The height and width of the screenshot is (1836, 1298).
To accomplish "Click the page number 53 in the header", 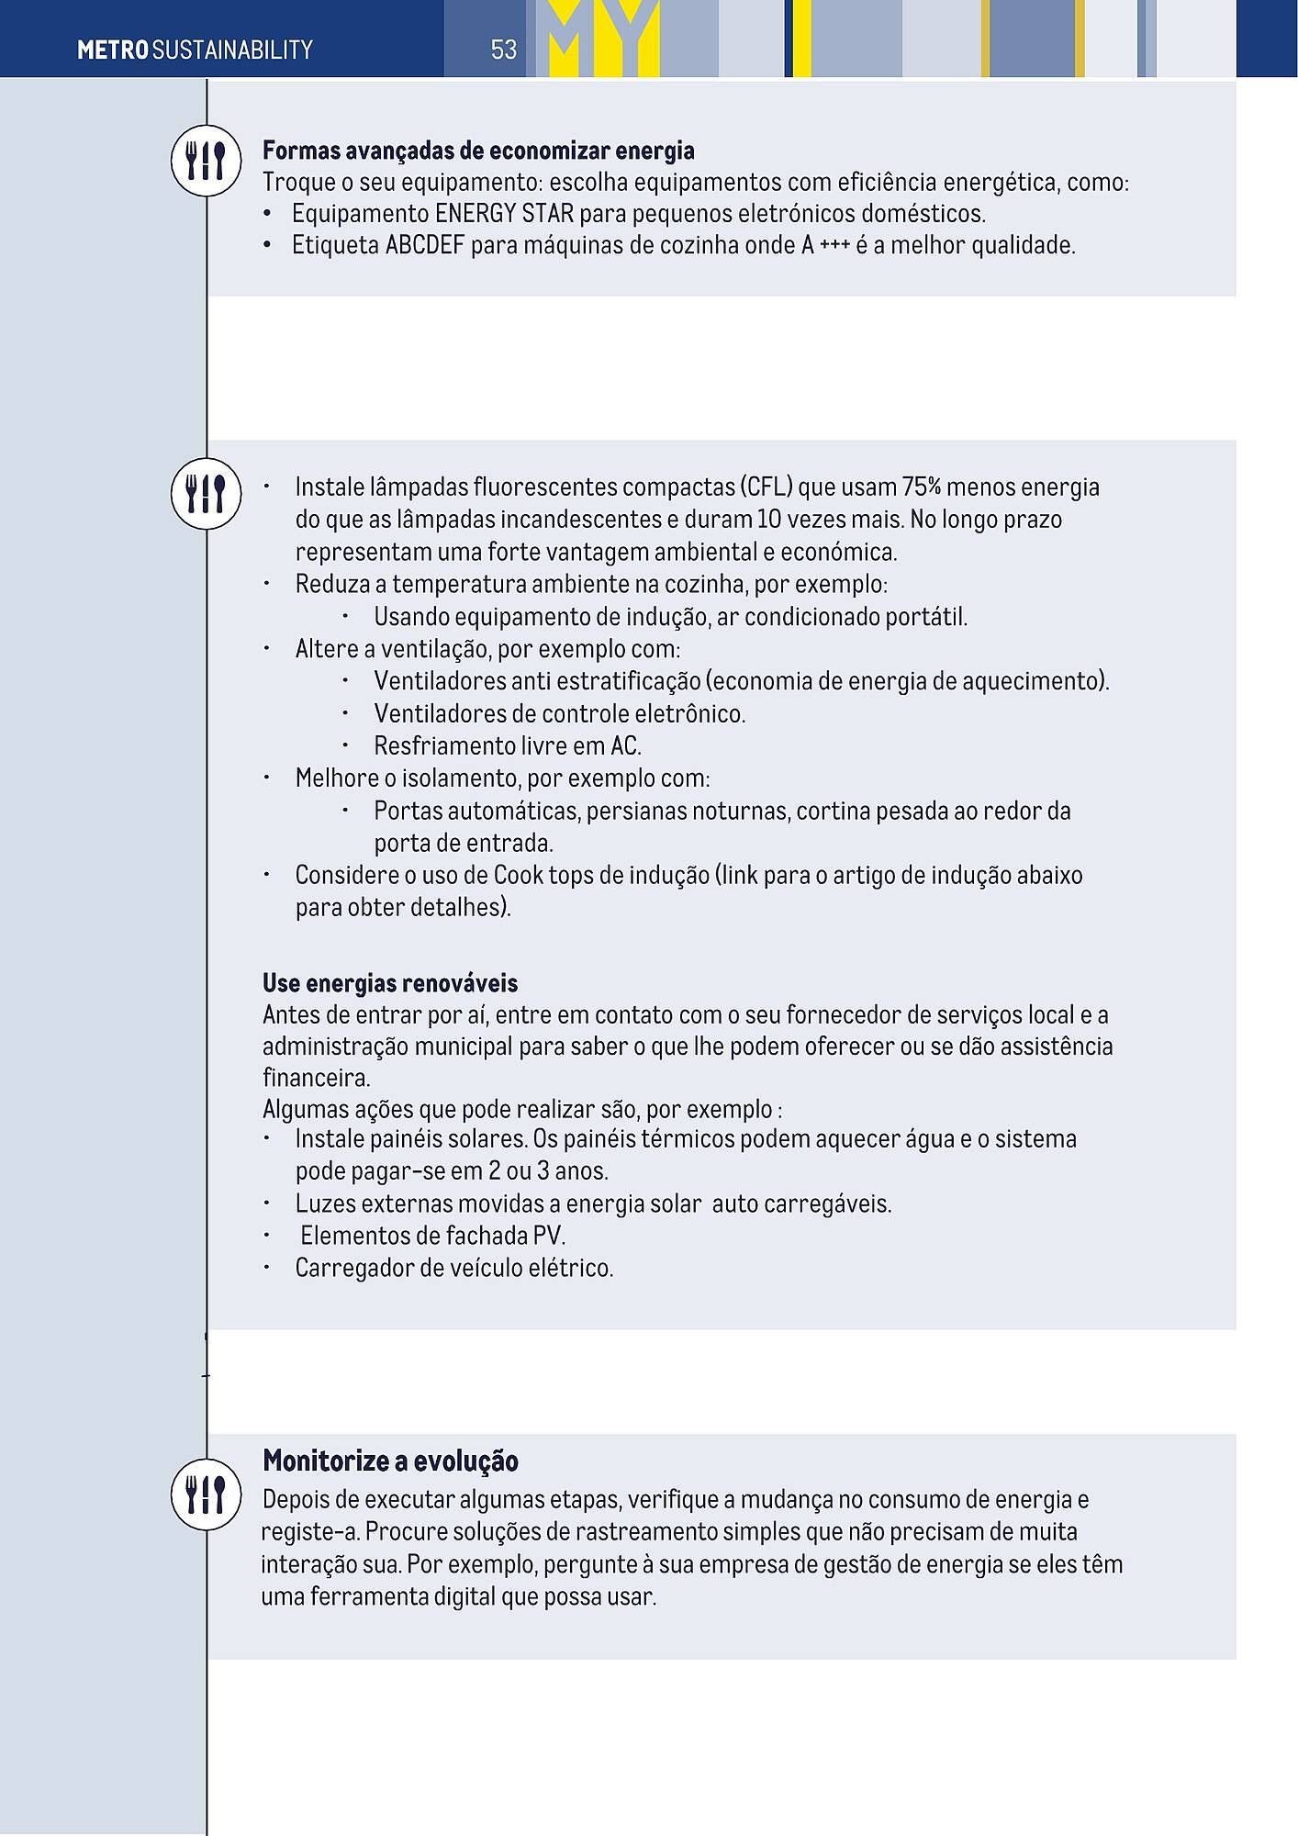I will click(503, 50).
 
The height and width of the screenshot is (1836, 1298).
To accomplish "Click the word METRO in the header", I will click(112, 50).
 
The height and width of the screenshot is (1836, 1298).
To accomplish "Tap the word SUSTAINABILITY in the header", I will click(232, 50).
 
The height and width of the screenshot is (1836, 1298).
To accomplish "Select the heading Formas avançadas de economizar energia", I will click(478, 151).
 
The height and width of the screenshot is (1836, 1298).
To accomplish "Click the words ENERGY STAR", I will click(504, 214).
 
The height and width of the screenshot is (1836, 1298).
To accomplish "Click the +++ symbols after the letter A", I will click(834, 246).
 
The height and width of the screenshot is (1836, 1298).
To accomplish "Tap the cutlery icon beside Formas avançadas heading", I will click(206, 161).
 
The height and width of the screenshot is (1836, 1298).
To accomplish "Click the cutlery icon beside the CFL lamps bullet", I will click(206, 494).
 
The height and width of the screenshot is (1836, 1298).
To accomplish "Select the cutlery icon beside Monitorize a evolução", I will click(206, 1494).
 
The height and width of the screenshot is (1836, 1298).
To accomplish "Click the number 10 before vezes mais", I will click(768, 520).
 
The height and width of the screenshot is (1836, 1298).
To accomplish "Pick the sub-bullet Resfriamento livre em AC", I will click(507, 745).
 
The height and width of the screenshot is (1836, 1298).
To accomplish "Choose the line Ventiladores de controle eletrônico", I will click(559, 713).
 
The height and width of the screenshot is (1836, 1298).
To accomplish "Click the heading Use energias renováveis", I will click(390, 983).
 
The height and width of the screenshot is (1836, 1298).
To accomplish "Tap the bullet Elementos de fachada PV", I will click(432, 1236).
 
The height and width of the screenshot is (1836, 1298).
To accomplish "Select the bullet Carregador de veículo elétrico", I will click(453, 1268).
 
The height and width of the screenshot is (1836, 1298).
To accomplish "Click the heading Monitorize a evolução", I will click(390, 1461).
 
